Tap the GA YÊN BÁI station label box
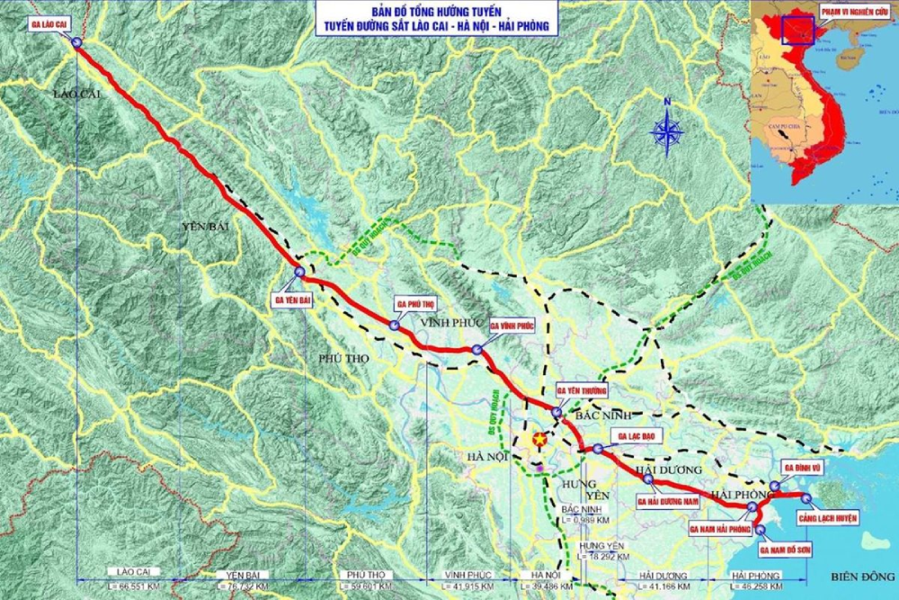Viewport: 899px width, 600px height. coord(292,300)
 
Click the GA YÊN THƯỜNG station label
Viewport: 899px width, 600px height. coord(583,390)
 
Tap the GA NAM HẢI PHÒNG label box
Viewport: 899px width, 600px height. coord(720,530)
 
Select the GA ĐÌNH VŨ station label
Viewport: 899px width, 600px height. coord(800,468)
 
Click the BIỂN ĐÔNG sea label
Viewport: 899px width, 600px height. coord(853,576)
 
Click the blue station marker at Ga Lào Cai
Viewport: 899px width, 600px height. coord(76,42)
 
